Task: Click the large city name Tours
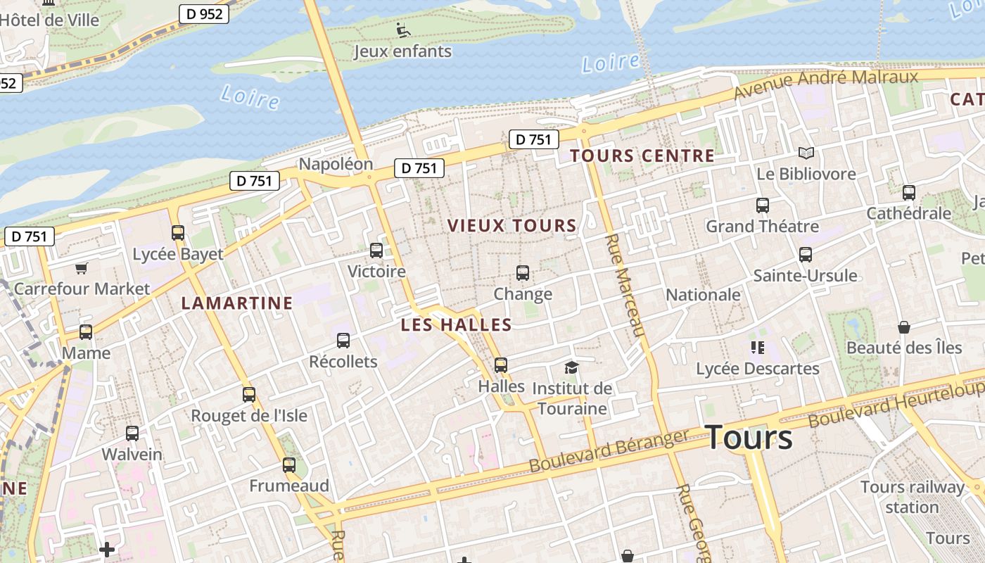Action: click(749, 438)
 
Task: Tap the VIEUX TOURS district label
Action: click(512, 226)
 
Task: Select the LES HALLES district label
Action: click(456, 325)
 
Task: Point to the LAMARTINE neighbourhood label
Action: click(237, 303)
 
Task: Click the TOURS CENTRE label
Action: click(642, 156)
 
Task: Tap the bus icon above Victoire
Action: click(376, 250)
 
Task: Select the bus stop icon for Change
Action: click(523, 273)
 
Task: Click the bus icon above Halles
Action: click(501, 365)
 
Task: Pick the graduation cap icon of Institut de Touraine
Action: click(571, 367)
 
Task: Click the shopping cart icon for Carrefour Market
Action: click(82, 268)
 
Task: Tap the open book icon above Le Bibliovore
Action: click(806, 153)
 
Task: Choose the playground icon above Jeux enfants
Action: click(402, 30)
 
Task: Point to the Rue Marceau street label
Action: click(624, 285)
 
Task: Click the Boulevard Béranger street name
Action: click(609, 451)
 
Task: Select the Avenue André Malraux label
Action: click(826, 84)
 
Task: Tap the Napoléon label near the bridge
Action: click(336, 164)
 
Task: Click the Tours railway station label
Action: click(913, 497)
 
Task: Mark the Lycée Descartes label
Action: click(758, 369)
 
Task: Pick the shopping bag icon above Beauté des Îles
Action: click(904, 327)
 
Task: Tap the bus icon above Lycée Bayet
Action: click(178, 232)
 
